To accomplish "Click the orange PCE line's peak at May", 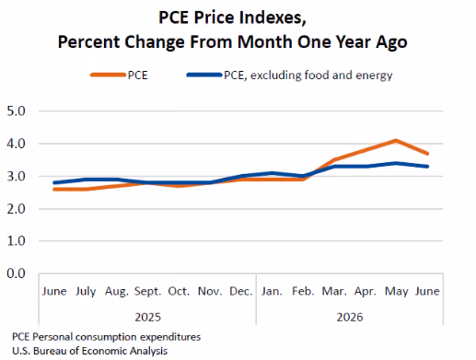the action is pyautogui.click(x=396, y=141).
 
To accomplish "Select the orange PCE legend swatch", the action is pyautogui.click(x=108, y=75).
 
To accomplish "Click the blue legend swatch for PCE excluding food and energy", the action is pyautogui.click(x=204, y=75).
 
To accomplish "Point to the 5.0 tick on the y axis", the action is pyautogui.click(x=16, y=111).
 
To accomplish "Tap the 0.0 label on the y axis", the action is pyautogui.click(x=16, y=273).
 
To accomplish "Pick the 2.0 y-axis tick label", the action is pyautogui.click(x=16, y=209).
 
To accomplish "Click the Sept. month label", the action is pyautogui.click(x=147, y=291).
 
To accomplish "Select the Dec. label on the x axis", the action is pyautogui.click(x=241, y=291).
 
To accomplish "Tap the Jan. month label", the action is pyautogui.click(x=272, y=291).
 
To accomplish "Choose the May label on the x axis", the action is pyautogui.click(x=397, y=292).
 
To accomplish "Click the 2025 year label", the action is pyautogui.click(x=148, y=317).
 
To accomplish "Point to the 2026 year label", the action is pyautogui.click(x=350, y=317).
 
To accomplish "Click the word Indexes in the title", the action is pyautogui.click(x=273, y=17).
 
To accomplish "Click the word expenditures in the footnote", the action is pyautogui.click(x=170, y=337).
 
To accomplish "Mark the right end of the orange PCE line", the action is pyautogui.click(x=427, y=154).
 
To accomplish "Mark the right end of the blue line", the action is pyautogui.click(x=427, y=167).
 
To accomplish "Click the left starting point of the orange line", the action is pyautogui.click(x=54, y=190).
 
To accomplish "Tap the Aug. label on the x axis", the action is pyautogui.click(x=117, y=292).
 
